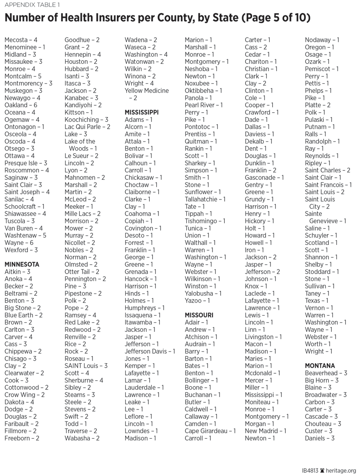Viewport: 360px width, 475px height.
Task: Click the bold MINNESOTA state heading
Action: [22, 265]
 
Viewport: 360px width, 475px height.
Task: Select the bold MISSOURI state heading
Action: [199, 315]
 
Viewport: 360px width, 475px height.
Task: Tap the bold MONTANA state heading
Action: [320, 366]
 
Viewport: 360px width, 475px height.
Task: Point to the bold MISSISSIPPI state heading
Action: [141, 112]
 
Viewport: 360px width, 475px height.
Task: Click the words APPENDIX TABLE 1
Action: [32, 5]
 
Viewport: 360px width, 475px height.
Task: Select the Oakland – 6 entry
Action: [21, 105]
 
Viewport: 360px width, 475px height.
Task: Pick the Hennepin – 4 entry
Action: [82, 55]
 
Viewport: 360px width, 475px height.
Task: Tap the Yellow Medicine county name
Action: [147, 91]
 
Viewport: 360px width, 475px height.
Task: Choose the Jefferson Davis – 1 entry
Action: [150, 351]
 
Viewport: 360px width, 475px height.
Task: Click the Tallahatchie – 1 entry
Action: [205, 199]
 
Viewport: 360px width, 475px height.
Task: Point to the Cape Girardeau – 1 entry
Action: [210, 431]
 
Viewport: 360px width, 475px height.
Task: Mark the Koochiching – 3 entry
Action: [86, 120]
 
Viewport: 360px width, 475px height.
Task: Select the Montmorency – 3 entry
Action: [28, 83]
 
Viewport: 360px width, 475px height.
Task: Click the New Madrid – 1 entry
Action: [265, 431]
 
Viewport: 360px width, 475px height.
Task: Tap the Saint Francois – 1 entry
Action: [328, 185]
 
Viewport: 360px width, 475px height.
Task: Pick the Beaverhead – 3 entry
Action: [326, 373]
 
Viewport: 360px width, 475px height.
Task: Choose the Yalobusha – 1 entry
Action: [203, 293]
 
